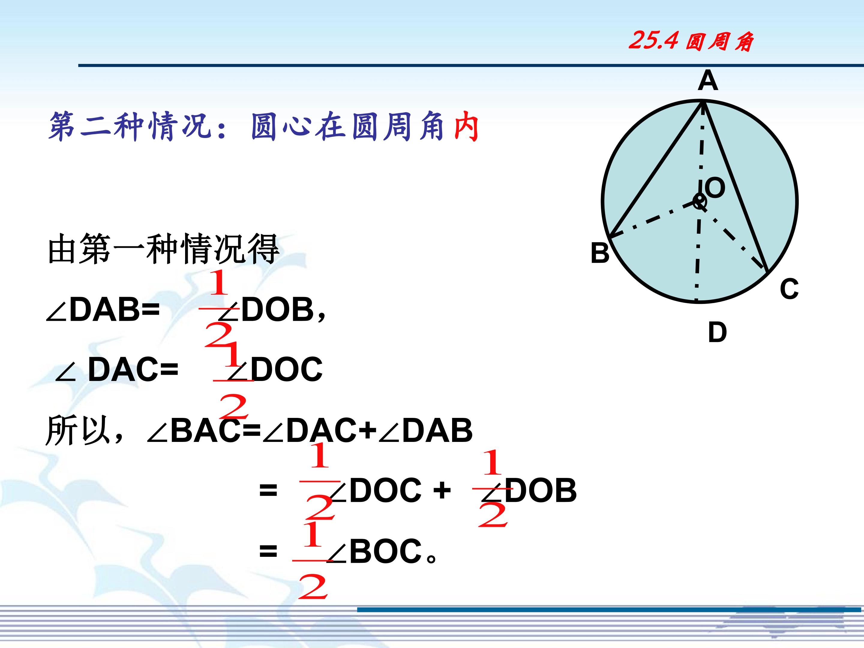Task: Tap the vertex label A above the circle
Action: coord(708,81)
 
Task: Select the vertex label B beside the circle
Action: coord(600,253)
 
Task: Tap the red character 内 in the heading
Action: coord(467,127)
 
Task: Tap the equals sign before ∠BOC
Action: coord(268,551)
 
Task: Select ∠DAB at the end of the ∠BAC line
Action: coord(426,430)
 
